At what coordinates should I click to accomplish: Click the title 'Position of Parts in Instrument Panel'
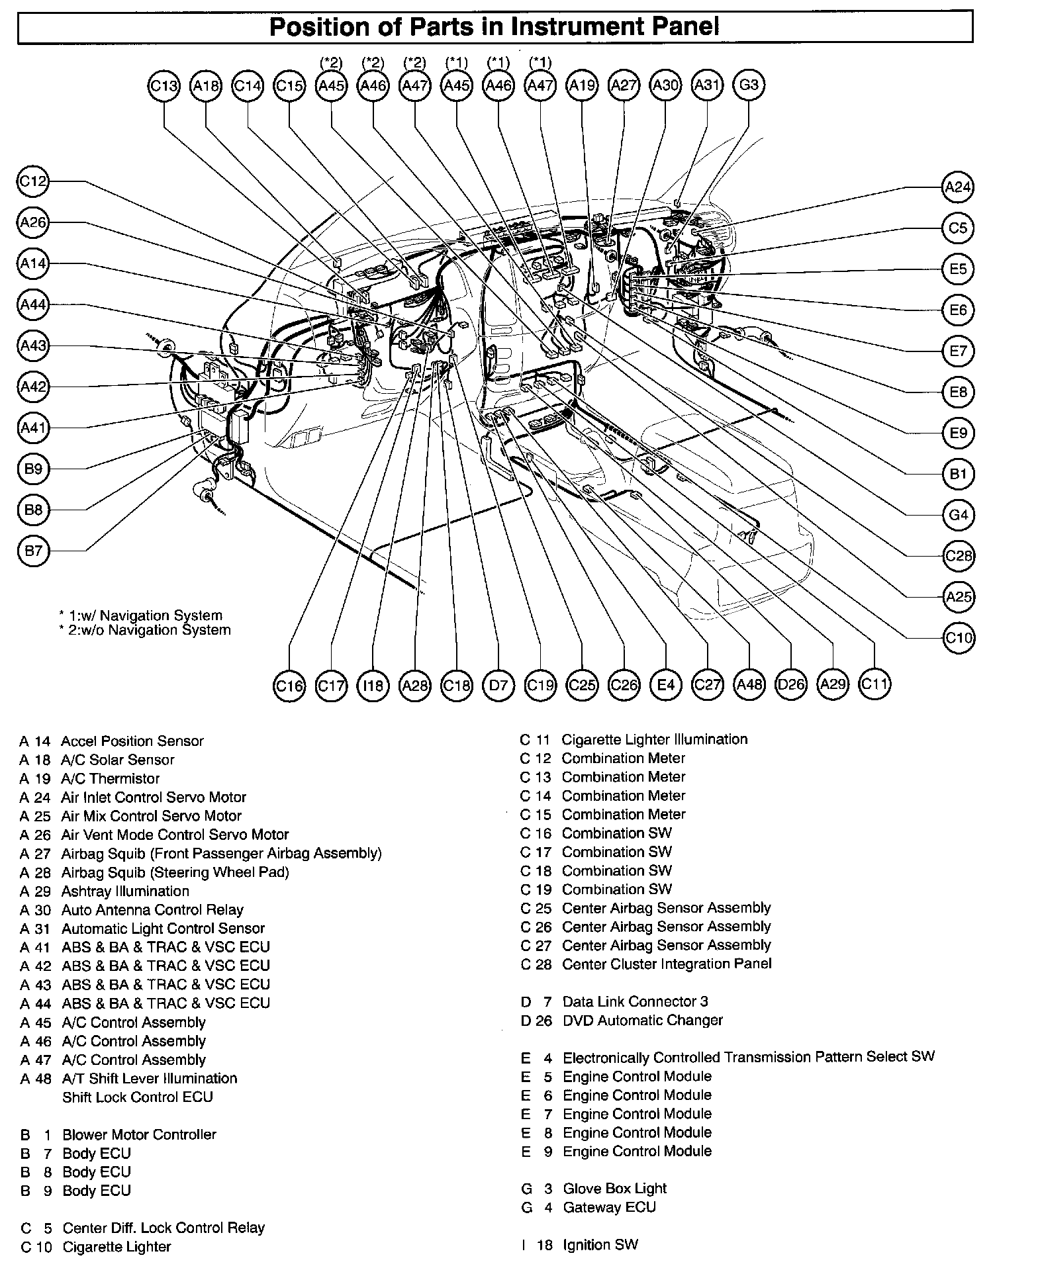[495, 27]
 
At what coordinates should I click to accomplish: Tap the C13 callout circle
[164, 85]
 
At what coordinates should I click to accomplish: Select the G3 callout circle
[749, 85]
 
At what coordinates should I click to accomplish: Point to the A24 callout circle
[957, 187]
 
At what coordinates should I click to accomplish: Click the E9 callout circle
[958, 433]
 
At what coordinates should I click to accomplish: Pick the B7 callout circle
[33, 551]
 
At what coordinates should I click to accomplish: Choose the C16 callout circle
[289, 685]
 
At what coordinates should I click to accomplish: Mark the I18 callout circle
[373, 685]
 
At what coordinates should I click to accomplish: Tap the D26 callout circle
[790, 684]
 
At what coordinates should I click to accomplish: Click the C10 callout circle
[958, 638]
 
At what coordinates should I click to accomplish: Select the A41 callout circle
[33, 428]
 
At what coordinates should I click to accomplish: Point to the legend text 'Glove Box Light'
[614, 1189]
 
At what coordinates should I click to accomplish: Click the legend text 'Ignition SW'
[600, 1245]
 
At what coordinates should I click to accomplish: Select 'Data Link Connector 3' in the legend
[635, 1001]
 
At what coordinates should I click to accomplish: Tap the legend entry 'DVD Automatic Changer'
[642, 1021]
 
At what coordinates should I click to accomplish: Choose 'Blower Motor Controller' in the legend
[139, 1134]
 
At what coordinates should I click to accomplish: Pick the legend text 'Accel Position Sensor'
[132, 741]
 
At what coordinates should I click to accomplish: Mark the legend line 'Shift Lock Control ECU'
[138, 1097]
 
